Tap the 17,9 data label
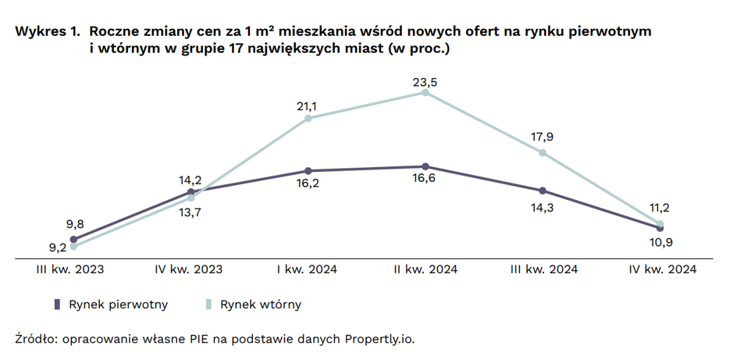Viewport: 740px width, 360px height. [x=543, y=137]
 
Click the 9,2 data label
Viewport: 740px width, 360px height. [x=58, y=248]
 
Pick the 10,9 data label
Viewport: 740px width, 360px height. [x=661, y=241]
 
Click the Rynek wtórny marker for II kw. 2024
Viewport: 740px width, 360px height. [x=425, y=92]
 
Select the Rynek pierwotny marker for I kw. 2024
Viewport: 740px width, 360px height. [x=308, y=170]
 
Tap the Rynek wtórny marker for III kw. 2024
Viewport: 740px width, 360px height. [x=543, y=152]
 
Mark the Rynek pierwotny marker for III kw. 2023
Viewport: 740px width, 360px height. [x=73, y=240]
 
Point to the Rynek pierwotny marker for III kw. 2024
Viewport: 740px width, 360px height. [x=543, y=191]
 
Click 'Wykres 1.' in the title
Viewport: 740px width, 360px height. [x=47, y=32]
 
